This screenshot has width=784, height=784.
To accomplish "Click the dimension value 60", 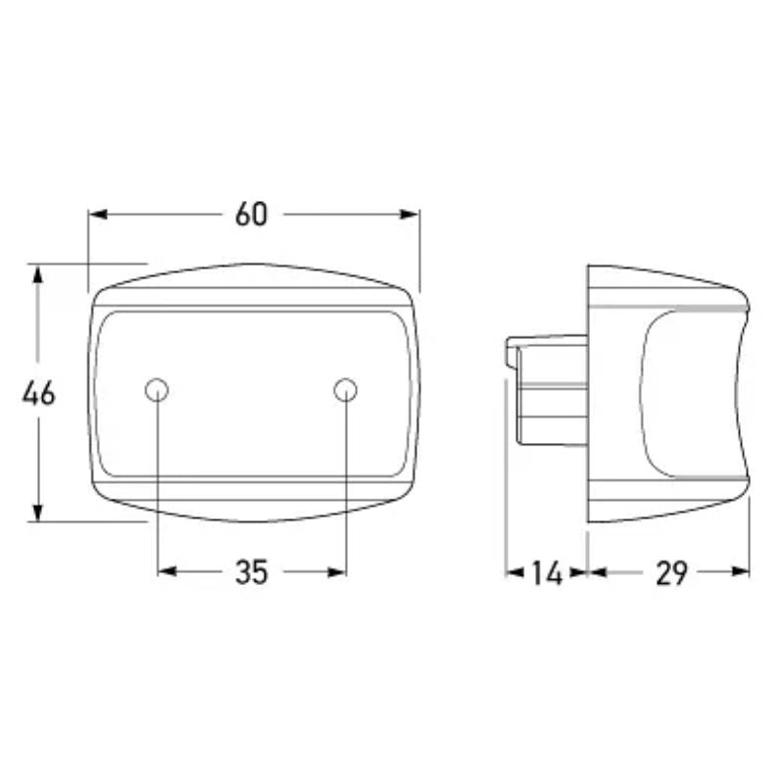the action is pos(252,215).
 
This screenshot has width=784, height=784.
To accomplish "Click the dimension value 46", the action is pos(38,393).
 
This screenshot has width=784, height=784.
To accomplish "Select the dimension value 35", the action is pos(252,572).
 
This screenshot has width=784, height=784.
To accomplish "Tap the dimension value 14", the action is pos(547,573).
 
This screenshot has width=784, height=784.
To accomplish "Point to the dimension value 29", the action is pos(671,573).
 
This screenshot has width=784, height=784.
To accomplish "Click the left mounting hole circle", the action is pos(157,390).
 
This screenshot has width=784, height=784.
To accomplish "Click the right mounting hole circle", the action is pos(346,390).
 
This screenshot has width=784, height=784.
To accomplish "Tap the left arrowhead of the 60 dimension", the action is pos(97,215).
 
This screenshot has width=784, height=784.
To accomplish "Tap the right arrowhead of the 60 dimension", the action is pos(410,215).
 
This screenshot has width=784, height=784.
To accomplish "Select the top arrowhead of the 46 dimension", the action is pos(38,274).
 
